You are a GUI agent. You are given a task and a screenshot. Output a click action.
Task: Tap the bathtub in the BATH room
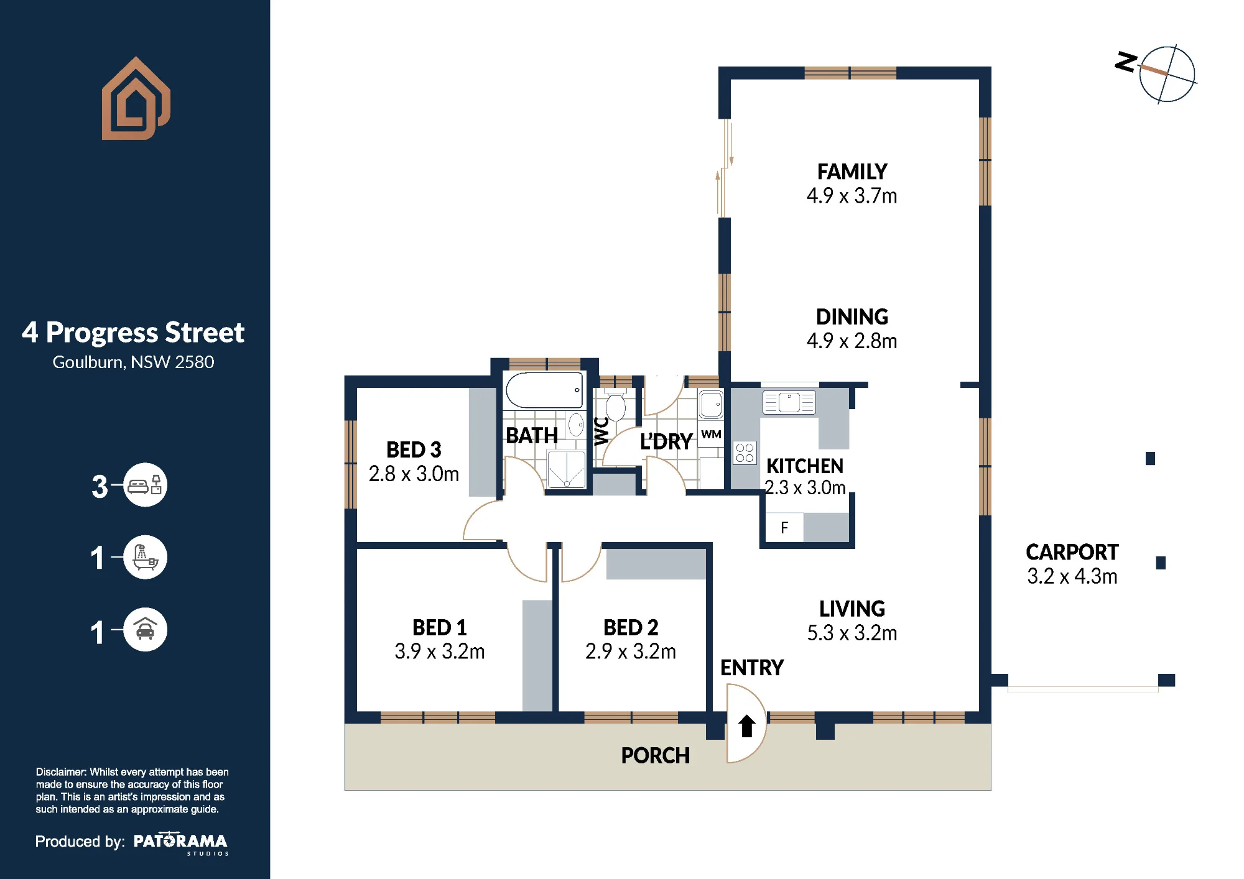[x=545, y=390]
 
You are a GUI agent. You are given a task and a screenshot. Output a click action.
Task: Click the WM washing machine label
[x=711, y=434]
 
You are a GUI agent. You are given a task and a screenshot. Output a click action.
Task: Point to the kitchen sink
[x=789, y=402]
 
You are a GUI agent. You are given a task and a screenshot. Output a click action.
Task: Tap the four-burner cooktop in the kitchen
[x=745, y=453]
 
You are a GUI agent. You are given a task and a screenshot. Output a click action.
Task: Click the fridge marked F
[x=784, y=528]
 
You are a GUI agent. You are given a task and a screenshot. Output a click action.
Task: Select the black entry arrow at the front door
[x=746, y=725]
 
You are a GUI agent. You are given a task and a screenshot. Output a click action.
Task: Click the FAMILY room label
[x=852, y=172]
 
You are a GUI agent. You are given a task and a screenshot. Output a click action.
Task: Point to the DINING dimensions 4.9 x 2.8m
[x=852, y=341]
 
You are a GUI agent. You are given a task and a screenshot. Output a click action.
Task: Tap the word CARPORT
[x=1072, y=552]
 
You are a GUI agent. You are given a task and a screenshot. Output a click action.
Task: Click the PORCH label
[x=655, y=755]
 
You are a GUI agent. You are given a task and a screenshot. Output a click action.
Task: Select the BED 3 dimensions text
[x=414, y=474]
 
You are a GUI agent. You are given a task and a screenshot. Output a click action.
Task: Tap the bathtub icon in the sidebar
[x=145, y=557]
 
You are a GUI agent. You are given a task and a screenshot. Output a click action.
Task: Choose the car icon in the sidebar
[x=145, y=629]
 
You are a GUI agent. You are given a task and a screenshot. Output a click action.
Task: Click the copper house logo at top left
[x=136, y=98]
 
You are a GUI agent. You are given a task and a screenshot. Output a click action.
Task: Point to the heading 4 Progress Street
[x=133, y=333]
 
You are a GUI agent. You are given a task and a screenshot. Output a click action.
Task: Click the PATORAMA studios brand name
[x=180, y=842]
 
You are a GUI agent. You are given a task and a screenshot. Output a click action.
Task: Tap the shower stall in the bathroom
[x=566, y=469]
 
